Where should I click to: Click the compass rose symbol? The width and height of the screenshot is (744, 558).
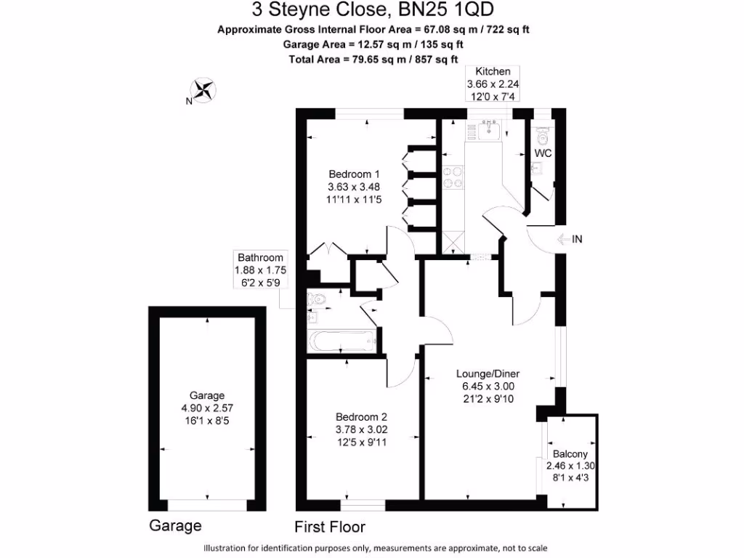pyautogui.click(x=206, y=90)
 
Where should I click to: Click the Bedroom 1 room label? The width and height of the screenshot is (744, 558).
pyautogui.click(x=354, y=174)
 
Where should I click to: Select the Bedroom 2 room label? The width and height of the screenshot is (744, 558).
pyautogui.click(x=361, y=417)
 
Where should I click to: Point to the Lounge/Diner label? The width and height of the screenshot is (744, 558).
pyautogui.click(x=488, y=374)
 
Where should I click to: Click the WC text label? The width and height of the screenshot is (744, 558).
pyautogui.click(x=543, y=153)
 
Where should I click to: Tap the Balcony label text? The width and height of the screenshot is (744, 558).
pyautogui.click(x=570, y=453)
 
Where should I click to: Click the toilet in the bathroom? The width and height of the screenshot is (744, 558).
pyautogui.click(x=318, y=298)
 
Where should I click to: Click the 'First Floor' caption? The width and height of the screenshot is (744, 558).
pyautogui.click(x=330, y=527)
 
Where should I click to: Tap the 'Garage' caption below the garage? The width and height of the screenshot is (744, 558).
pyautogui.click(x=175, y=525)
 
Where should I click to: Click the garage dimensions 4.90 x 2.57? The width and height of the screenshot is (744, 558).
pyautogui.click(x=207, y=408)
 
